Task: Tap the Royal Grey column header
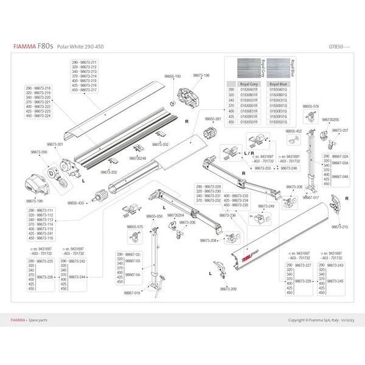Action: [250, 84]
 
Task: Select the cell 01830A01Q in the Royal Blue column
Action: [277, 89]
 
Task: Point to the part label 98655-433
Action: [77, 203]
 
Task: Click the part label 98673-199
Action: [35, 199]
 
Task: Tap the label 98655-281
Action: [213, 119]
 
